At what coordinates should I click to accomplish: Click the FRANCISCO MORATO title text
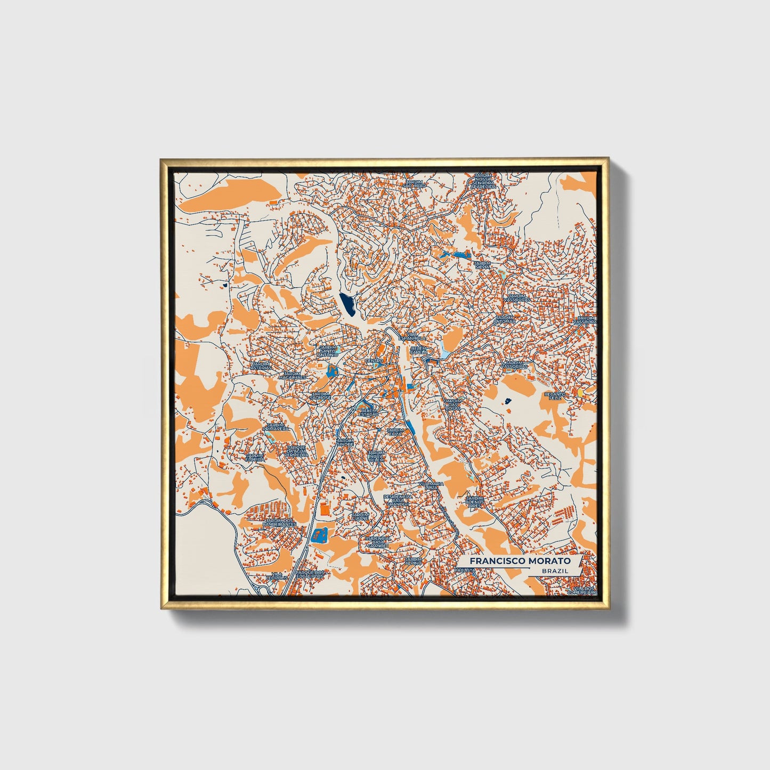520,561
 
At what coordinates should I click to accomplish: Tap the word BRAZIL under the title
554,571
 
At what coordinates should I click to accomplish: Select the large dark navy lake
347,304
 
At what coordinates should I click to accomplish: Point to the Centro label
374,361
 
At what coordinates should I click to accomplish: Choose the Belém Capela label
419,350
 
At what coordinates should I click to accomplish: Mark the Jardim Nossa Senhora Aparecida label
483,181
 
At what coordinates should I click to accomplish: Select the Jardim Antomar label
504,320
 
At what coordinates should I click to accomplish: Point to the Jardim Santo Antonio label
328,351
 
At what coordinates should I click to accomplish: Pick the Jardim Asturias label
261,366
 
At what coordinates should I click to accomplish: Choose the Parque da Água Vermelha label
296,451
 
